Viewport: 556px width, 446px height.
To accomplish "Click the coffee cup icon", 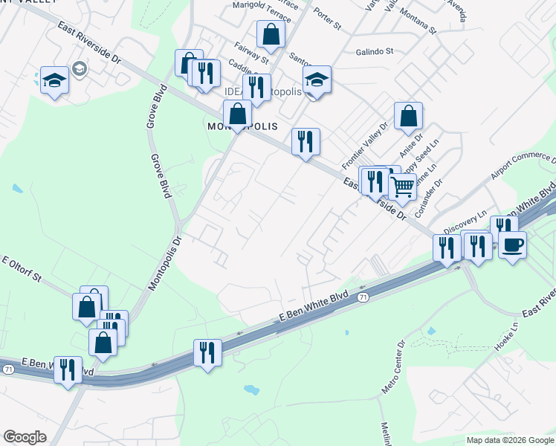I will [x=512, y=245].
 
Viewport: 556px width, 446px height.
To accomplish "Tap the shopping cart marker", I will [x=402, y=187].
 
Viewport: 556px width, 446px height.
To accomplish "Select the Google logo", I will [x=25, y=437].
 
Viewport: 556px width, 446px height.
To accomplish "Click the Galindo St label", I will [x=374, y=52].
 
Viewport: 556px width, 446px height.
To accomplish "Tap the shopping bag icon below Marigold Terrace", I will [x=271, y=33].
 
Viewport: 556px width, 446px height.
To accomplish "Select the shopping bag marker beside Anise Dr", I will [x=408, y=116].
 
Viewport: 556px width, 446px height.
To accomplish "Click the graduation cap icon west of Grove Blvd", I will [x=54, y=80].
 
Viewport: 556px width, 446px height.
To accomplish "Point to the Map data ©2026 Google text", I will [x=509, y=440].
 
